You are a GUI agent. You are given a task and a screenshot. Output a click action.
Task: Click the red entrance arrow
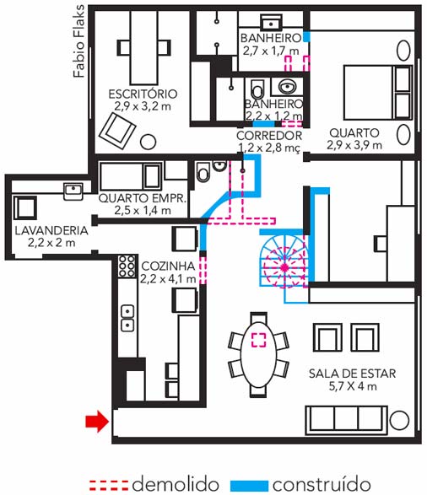pos(97,421)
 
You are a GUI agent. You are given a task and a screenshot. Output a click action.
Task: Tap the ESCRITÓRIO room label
pos(143,94)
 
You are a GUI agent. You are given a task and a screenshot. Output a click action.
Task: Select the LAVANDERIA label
pos(51,230)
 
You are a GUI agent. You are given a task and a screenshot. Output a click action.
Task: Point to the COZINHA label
pos(168,266)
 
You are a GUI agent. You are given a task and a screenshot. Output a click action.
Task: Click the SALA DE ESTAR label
pos(352,374)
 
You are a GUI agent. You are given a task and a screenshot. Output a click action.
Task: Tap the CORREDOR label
pos(269,136)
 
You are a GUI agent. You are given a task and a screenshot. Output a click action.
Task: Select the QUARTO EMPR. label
pos(143,198)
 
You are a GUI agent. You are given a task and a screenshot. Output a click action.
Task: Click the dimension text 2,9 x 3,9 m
pos(354,145)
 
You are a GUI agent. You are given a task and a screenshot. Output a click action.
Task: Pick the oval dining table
pos(258,355)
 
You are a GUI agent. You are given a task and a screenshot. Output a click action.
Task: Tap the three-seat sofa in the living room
pos(347,420)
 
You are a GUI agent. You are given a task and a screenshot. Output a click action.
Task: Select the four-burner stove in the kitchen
pos(127,266)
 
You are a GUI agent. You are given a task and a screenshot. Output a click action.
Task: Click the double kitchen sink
pos(127,318)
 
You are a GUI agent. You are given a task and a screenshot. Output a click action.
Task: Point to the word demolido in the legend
pos(176,484)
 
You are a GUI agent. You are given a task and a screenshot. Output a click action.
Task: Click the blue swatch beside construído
pos(249,485)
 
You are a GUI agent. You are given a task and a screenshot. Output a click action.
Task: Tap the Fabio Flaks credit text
pos(78,41)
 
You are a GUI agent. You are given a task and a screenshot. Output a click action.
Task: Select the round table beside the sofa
pos(399,421)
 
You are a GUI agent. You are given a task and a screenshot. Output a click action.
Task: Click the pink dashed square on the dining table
pos(259,340)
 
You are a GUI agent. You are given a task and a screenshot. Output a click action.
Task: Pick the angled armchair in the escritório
pos(117,131)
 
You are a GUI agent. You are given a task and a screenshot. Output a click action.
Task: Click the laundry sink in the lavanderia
pos(73,191)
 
